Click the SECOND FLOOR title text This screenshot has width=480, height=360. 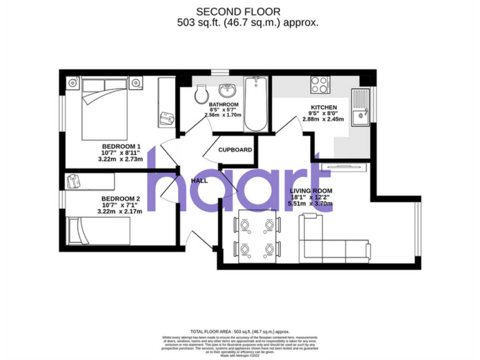pyautogui.click(x=239, y=11)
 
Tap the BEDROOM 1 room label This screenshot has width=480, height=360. pyautogui.click(x=121, y=147)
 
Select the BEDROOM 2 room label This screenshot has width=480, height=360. pyautogui.click(x=121, y=199)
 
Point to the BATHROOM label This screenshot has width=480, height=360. pyautogui.click(x=223, y=104)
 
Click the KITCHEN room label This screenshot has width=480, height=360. pyautogui.click(x=323, y=107)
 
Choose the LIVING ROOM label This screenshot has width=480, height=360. pyautogui.click(x=311, y=191)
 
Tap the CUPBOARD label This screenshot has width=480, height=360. pyautogui.click(x=235, y=150)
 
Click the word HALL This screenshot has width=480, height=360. pyautogui.click(x=199, y=180)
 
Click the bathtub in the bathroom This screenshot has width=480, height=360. pyautogui.click(x=255, y=103)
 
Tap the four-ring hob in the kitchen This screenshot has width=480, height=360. pyautogui.click(x=320, y=84)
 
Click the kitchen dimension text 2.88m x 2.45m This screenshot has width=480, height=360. pyautogui.click(x=323, y=119)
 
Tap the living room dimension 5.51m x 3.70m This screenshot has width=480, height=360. pyautogui.click(x=311, y=203)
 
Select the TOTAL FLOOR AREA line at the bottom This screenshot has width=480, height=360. pyautogui.click(x=239, y=331)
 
